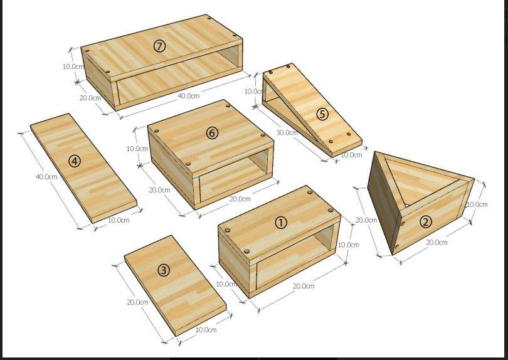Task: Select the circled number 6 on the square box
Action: point(212,133)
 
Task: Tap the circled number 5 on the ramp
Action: point(322,114)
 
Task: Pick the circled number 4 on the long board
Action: point(75,161)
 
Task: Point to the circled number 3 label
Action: point(163,270)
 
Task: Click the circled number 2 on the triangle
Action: point(425,221)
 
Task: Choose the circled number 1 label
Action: point(281,221)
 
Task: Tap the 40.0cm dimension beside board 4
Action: point(46,177)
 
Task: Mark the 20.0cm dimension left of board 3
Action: point(137,302)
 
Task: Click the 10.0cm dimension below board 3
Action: point(206,329)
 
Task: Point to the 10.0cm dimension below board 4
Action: point(119,220)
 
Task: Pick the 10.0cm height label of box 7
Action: point(73,66)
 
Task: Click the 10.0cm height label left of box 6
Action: point(137,149)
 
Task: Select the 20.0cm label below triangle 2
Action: point(437,242)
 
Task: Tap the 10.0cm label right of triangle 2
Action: point(477,204)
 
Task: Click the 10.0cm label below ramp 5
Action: point(351,155)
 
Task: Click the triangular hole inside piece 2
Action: point(428,182)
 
